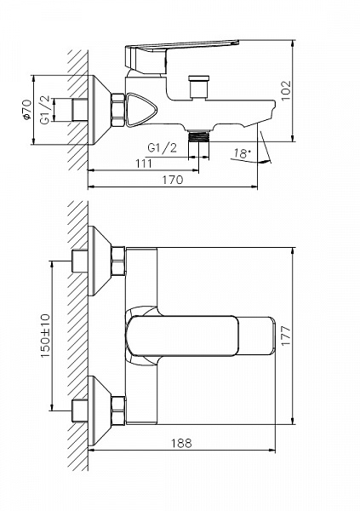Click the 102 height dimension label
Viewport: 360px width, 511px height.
click(x=286, y=91)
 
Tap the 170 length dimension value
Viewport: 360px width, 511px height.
click(x=173, y=180)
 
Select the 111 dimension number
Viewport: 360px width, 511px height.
click(x=143, y=164)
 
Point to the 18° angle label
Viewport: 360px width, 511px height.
click(x=242, y=153)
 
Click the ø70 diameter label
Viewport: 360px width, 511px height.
click(x=27, y=110)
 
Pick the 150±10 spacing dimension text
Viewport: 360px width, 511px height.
click(x=45, y=336)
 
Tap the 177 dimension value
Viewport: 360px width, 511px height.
click(x=286, y=336)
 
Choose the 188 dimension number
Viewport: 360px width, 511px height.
click(x=181, y=443)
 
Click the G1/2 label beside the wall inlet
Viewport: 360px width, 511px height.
click(x=45, y=110)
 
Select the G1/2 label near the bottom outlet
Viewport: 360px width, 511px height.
click(x=163, y=148)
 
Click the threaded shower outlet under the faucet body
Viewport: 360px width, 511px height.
click(x=198, y=135)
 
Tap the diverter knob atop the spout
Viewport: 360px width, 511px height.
click(x=198, y=86)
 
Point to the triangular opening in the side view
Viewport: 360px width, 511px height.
click(x=141, y=110)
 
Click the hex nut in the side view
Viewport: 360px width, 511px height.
click(x=118, y=110)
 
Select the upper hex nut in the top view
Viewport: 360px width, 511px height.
click(x=118, y=261)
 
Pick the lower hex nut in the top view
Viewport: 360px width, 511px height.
click(x=118, y=411)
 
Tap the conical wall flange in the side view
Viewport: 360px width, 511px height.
click(x=100, y=110)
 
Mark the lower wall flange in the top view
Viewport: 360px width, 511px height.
click(x=100, y=411)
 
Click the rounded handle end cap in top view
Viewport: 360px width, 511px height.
click(x=256, y=336)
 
